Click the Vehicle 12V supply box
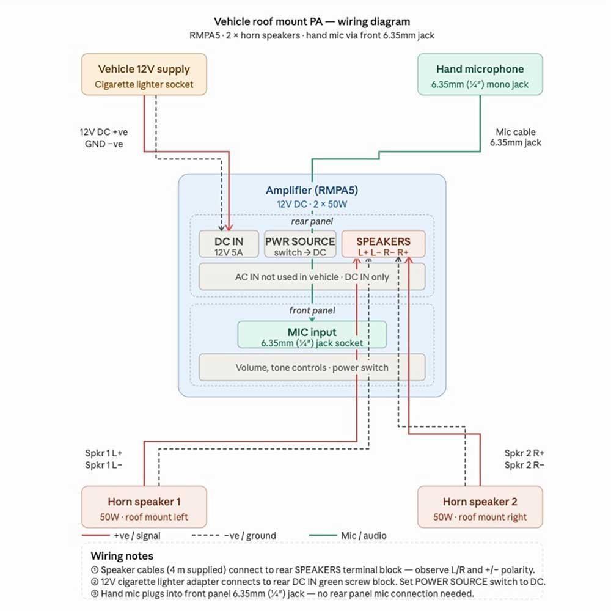click(x=144, y=75)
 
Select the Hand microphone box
click(x=480, y=75)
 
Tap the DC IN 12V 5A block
click(x=229, y=244)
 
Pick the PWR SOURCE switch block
click(x=300, y=244)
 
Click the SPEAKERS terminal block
click(x=383, y=244)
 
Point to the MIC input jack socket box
click(x=312, y=334)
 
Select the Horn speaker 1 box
click(x=144, y=507)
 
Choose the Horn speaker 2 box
click(x=480, y=507)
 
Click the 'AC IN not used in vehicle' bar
click(x=312, y=277)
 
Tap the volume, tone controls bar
click(x=312, y=367)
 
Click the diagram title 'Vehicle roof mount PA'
click(x=268, y=21)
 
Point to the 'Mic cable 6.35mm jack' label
click(x=516, y=137)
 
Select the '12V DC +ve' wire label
click(x=104, y=132)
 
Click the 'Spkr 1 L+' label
click(x=104, y=453)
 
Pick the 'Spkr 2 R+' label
click(x=524, y=453)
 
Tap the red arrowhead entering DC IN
click(x=229, y=227)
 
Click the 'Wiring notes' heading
click(x=122, y=555)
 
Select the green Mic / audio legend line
click(x=323, y=535)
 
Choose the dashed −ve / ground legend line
click(x=205, y=535)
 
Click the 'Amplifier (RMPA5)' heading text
click(x=312, y=190)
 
